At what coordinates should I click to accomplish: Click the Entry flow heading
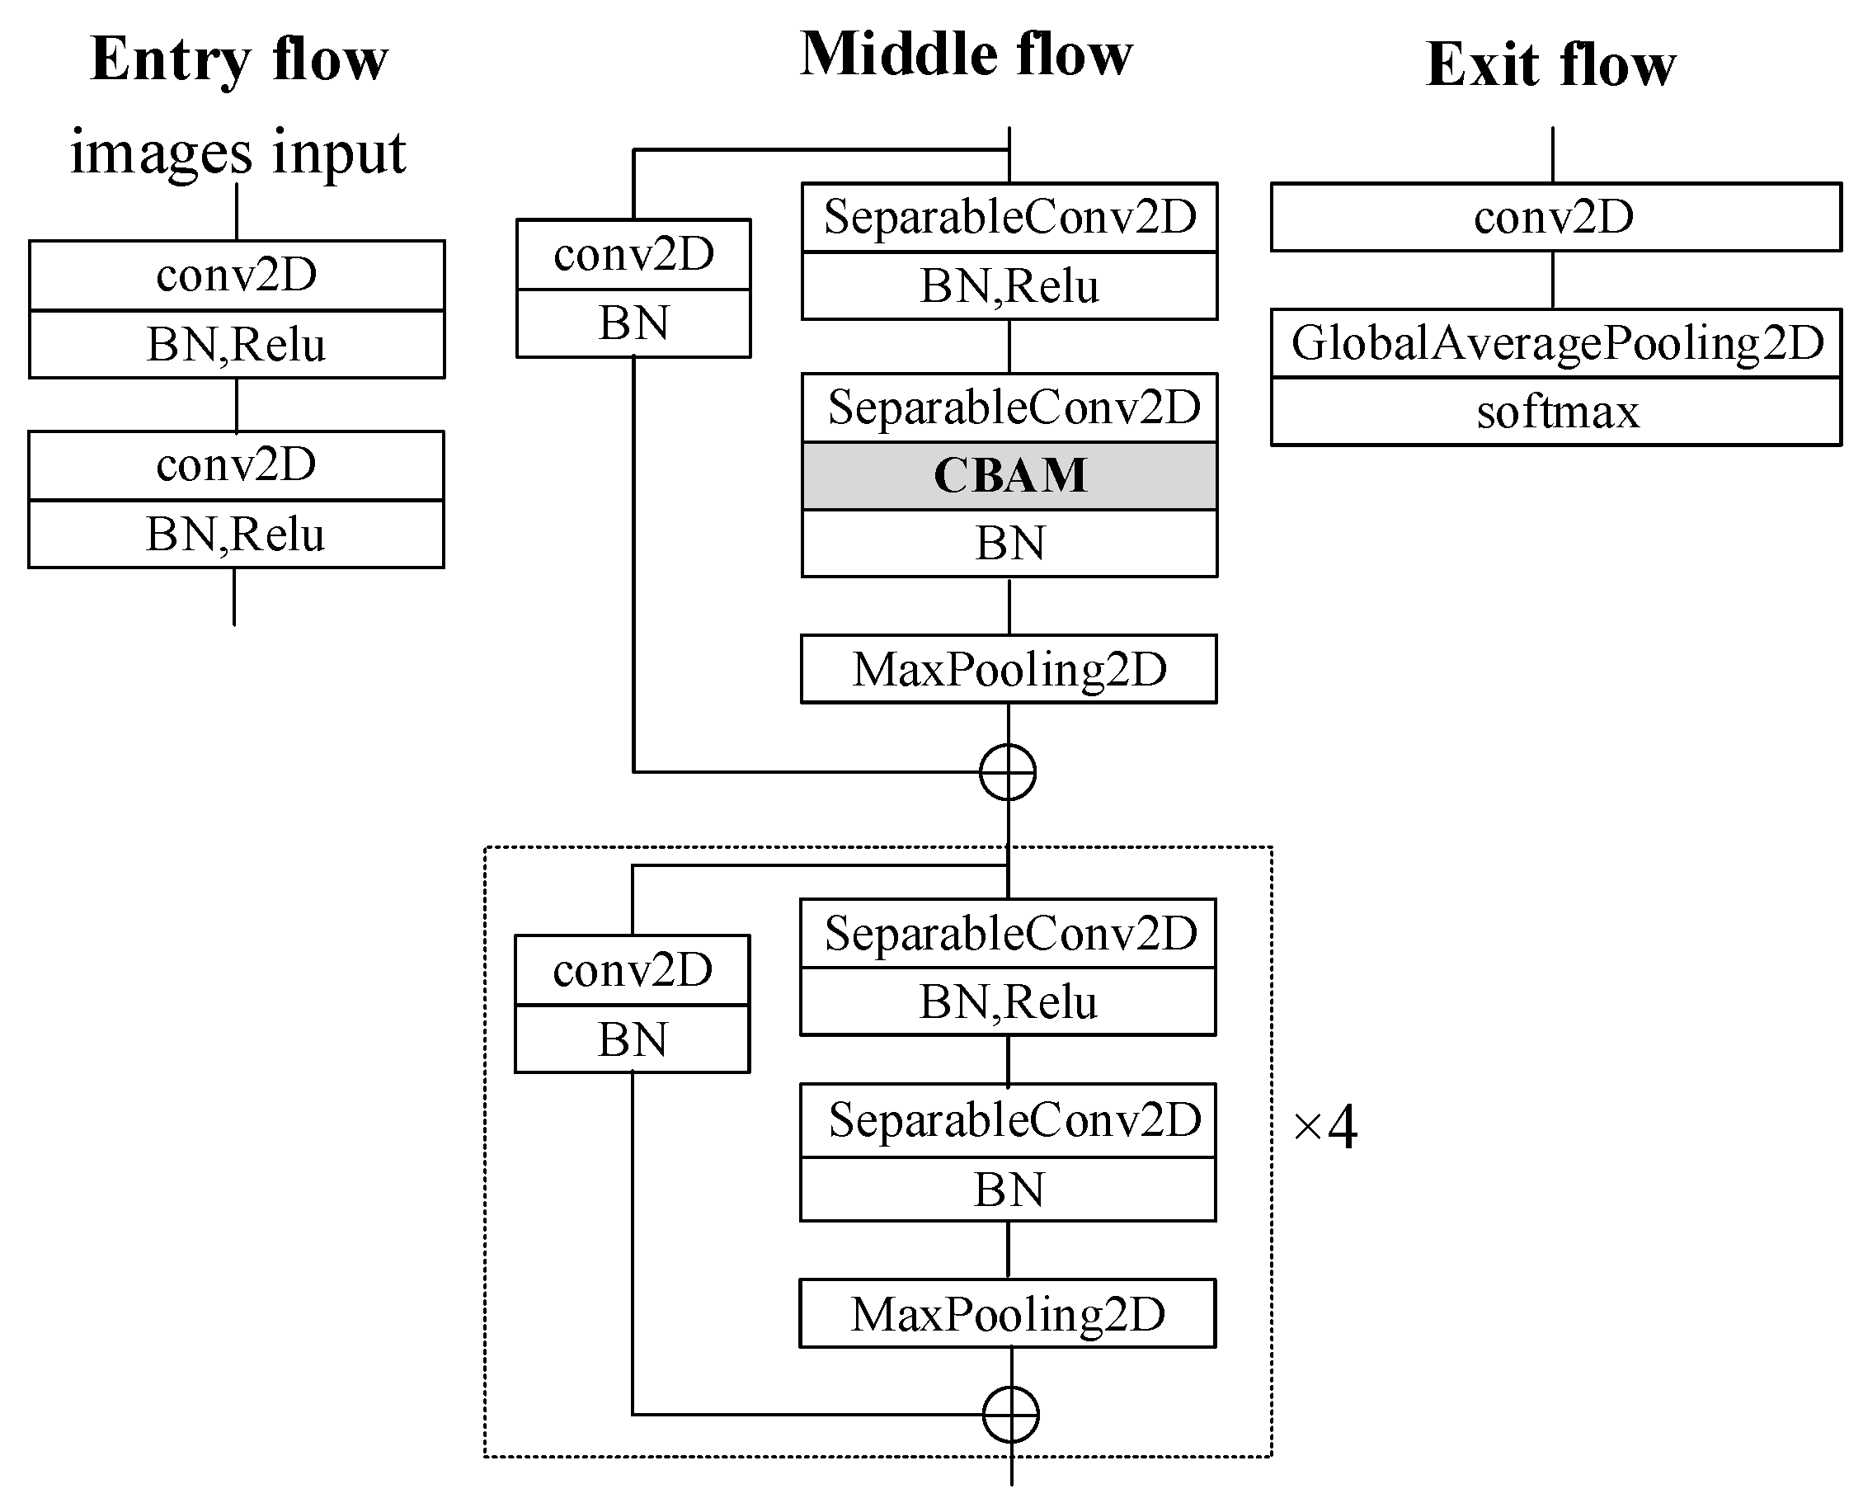click(x=239, y=60)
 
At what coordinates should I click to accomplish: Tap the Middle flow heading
click(x=966, y=54)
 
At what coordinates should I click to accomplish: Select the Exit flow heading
click(x=1550, y=65)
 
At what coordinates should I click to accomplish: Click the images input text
click(x=238, y=153)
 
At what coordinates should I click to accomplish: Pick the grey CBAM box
click(x=1009, y=475)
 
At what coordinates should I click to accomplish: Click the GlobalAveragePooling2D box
click(x=1556, y=343)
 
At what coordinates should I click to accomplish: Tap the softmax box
click(x=1556, y=412)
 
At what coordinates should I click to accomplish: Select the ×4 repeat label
click(x=1324, y=1127)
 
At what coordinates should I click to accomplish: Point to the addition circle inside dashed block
click(x=1010, y=1414)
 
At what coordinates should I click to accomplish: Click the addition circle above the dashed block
click(x=1008, y=771)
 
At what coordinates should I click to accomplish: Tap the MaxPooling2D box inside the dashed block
click(x=1008, y=1313)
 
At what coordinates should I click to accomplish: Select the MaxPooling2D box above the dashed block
click(x=1009, y=669)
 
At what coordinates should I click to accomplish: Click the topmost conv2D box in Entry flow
click(x=237, y=276)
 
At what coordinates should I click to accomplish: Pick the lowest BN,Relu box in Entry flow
click(x=236, y=535)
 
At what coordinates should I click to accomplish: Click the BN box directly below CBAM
click(x=1009, y=544)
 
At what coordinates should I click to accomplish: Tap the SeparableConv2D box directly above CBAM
click(x=1009, y=407)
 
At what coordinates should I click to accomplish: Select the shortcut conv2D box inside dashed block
click(x=632, y=969)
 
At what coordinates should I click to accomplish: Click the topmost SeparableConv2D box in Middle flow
click(x=1009, y=216)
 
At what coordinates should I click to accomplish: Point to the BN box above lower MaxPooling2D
click(x=1008, y=1189)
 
